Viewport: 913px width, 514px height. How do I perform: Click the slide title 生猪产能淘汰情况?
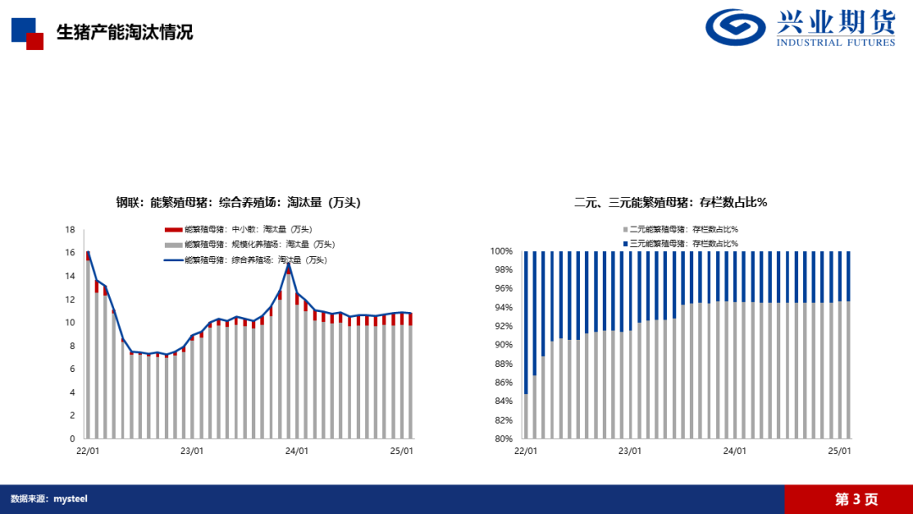[x=124, y=32]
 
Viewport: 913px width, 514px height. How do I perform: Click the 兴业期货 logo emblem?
[x=736, y=27]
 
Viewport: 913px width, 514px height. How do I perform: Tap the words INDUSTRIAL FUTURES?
[x=835, y=42]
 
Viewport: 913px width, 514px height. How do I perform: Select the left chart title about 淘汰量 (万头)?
[x=238, y=202]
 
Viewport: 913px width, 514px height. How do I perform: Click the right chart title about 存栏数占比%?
[x=670, y=202]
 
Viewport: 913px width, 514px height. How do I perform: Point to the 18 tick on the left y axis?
[x=71, y=229]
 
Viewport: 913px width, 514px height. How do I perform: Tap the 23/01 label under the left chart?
[x=192, y=451]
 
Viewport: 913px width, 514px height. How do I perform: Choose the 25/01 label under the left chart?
[x=402, y=451]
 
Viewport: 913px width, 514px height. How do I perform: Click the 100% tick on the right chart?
[x=503, y=251]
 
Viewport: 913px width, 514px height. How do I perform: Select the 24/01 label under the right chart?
[x=735, y=451]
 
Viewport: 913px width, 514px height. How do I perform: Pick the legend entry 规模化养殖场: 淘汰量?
[x=254, y=244]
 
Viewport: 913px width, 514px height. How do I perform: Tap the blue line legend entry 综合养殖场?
[x=254, y=260]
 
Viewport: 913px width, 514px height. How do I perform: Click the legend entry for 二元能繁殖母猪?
[x=684, y=229]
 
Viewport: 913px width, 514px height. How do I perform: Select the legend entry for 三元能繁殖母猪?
[x=684, y=243]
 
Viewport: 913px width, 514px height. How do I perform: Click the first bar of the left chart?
[x=87, y=347]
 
